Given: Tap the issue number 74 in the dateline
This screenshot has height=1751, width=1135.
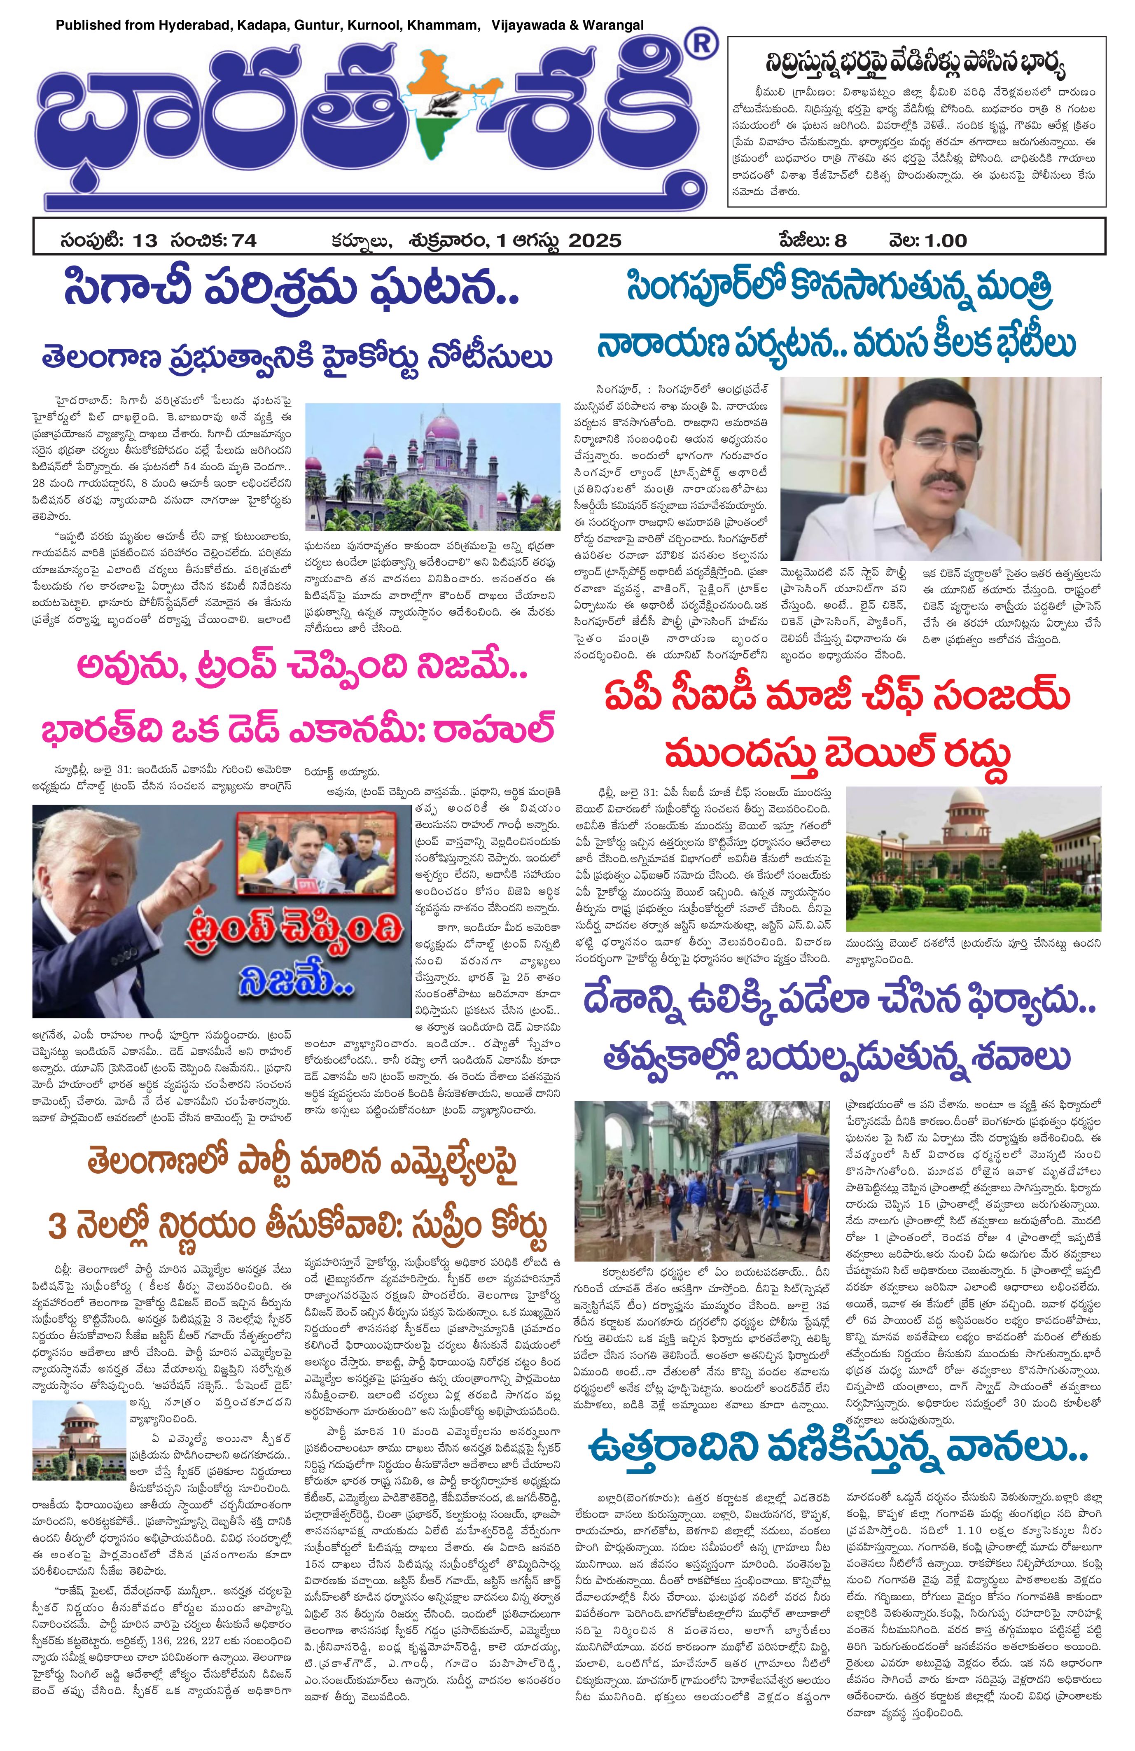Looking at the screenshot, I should tap(242, 240).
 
